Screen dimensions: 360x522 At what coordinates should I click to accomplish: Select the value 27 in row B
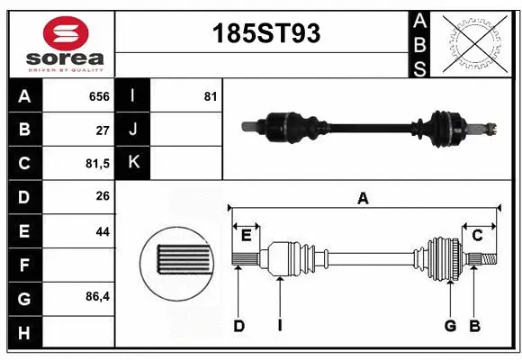(103, 130)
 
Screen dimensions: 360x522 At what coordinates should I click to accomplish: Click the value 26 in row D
(103, 196)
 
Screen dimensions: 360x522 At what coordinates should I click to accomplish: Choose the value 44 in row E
(103, 230)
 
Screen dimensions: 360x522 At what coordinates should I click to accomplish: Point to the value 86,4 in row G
(96, 295)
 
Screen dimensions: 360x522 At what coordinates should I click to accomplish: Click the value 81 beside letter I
(210, 96)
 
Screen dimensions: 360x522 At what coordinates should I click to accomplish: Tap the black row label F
(23, 264)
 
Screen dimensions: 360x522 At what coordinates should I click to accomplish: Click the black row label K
(133, 163)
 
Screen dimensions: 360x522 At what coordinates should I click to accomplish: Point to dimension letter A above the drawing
(364, 199)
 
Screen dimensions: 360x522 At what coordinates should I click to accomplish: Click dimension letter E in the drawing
(246, 235)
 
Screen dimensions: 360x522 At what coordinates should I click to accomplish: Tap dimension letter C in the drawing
(478, 235)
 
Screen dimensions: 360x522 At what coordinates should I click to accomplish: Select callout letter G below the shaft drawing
(449, 326)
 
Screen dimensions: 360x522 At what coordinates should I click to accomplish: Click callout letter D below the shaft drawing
(239, 326)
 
